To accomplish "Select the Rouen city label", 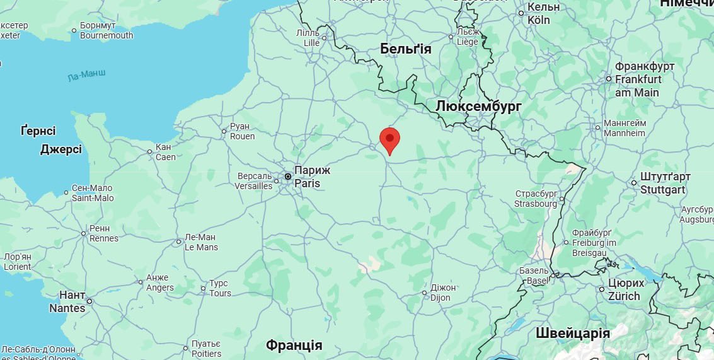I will coord(243,131).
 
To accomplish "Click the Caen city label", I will coord(166,152).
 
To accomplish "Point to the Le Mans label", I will coord(200,242).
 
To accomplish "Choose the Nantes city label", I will coord(67,302).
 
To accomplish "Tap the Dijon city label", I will coord(443,293).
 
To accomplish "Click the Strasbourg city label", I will coord(536,199).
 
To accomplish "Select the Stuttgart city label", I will coord(665,183).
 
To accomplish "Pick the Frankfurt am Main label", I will coord(638,79).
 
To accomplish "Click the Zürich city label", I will coord(623,290).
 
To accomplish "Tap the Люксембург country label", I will coord(478,107).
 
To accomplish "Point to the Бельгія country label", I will coord(406,49).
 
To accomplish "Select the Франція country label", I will coord(294,345).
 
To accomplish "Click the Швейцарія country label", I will coord(573,334).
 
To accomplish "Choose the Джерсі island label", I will coord(60,149).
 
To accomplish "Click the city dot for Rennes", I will coord(83,233).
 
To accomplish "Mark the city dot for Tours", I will coord(203,289).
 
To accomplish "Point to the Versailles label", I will coord(253,181).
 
